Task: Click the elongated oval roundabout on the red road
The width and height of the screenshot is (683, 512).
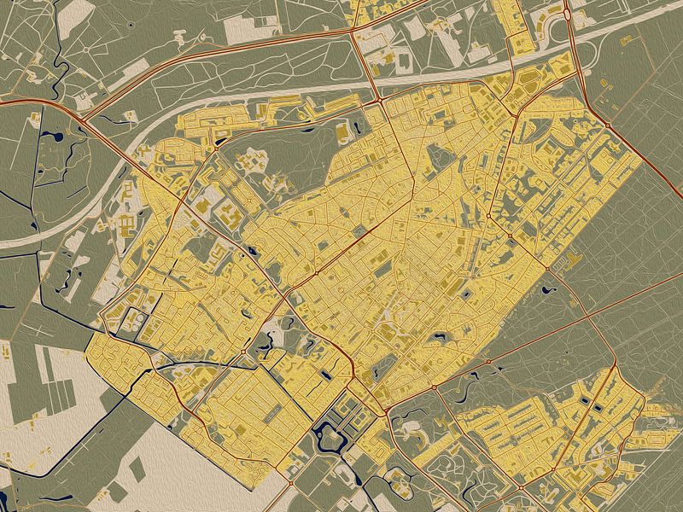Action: tap(567, 13)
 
